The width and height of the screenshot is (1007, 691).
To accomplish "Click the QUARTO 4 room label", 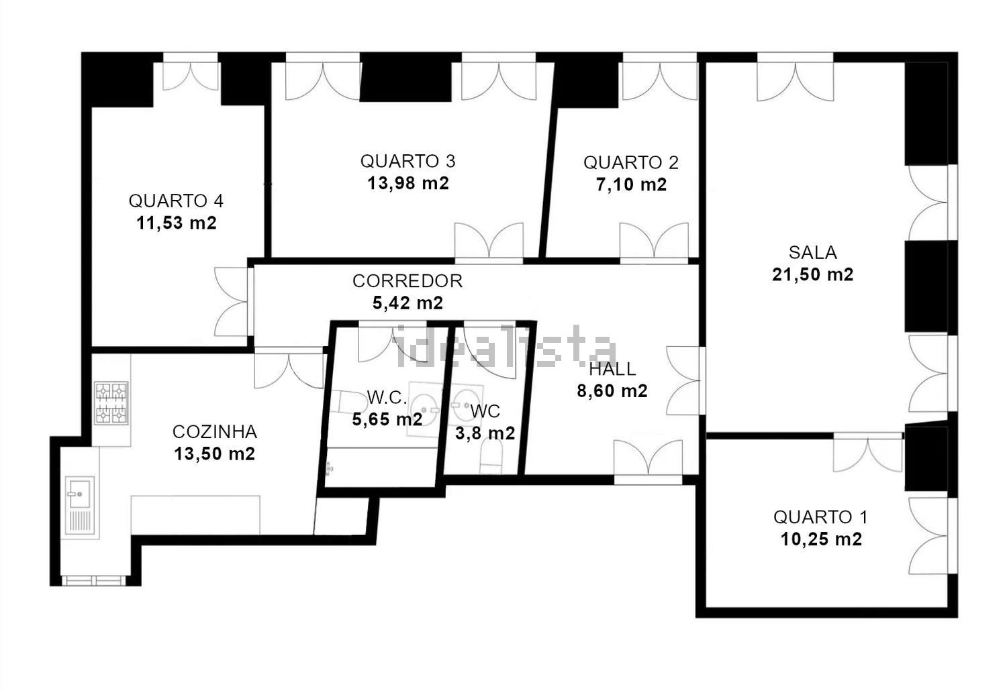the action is point(176,201).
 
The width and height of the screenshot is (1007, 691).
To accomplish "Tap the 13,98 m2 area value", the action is point(408,183).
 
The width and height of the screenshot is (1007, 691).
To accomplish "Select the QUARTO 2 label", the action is point(631,162).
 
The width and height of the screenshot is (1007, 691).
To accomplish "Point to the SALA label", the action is point(813,252).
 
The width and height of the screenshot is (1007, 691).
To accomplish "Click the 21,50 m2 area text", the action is point(813,274).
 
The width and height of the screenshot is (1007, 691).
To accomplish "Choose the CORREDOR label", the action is point(407,281).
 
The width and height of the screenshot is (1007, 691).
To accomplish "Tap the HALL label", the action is point(612,369).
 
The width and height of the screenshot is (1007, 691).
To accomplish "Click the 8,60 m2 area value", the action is point(612,391).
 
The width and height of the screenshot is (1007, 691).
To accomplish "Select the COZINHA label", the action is point(214,432).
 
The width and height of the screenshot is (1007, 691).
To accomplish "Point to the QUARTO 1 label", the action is point(820,517).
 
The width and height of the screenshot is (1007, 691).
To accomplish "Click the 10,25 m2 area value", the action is point(821,539).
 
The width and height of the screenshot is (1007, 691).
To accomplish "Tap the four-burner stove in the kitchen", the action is point(111,403).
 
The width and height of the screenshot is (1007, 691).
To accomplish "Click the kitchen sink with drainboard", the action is point(80,505).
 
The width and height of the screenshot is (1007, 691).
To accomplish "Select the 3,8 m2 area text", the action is point(485,433).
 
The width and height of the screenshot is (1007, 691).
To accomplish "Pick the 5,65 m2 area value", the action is point(387,420).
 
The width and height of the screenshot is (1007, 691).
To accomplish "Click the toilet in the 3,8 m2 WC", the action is point(491,456).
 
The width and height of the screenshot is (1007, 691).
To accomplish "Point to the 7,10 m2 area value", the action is point(631,184).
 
